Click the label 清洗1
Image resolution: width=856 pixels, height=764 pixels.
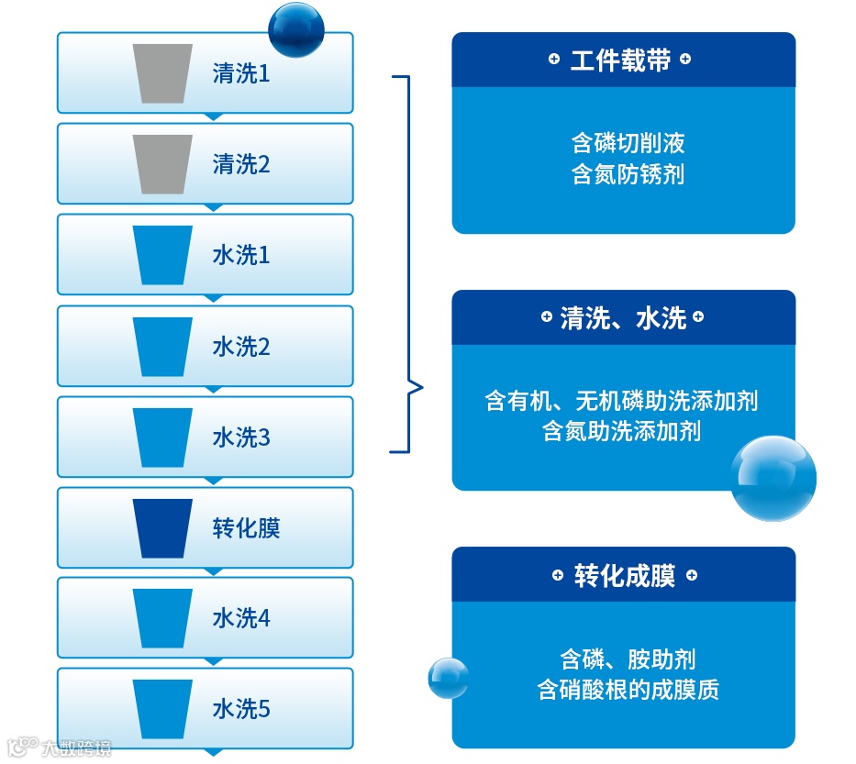coord(241,74)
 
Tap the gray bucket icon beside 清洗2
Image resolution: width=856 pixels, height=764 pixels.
coord(162,164)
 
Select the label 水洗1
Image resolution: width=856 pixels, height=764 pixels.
coord(241,256)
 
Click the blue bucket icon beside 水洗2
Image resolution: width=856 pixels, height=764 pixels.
coord(162,347)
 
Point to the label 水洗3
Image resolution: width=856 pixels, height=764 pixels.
coord(241,437)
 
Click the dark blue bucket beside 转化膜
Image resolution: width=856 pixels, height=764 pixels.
coord(162,528)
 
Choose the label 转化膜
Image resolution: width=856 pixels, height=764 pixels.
coord(246,529)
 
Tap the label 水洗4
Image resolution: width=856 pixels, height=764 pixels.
coord(241,619)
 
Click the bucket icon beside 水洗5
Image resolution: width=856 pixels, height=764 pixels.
coord(162,709)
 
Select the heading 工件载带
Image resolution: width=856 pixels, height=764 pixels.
coord(621,61)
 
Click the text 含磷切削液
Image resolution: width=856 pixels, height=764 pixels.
coord(628,143)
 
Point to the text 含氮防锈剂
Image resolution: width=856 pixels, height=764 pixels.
coord(628,174)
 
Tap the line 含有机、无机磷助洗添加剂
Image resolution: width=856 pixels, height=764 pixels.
coord(621,401)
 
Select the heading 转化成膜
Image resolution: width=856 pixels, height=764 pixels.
coord(624,576)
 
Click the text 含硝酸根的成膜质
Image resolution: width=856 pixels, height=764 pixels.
coord(628,690)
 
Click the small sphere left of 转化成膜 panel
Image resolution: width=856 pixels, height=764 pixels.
coord(449,679)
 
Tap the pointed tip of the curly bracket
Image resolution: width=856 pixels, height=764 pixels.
coord(423,387)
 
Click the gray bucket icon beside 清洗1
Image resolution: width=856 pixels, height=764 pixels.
coord(162,73)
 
